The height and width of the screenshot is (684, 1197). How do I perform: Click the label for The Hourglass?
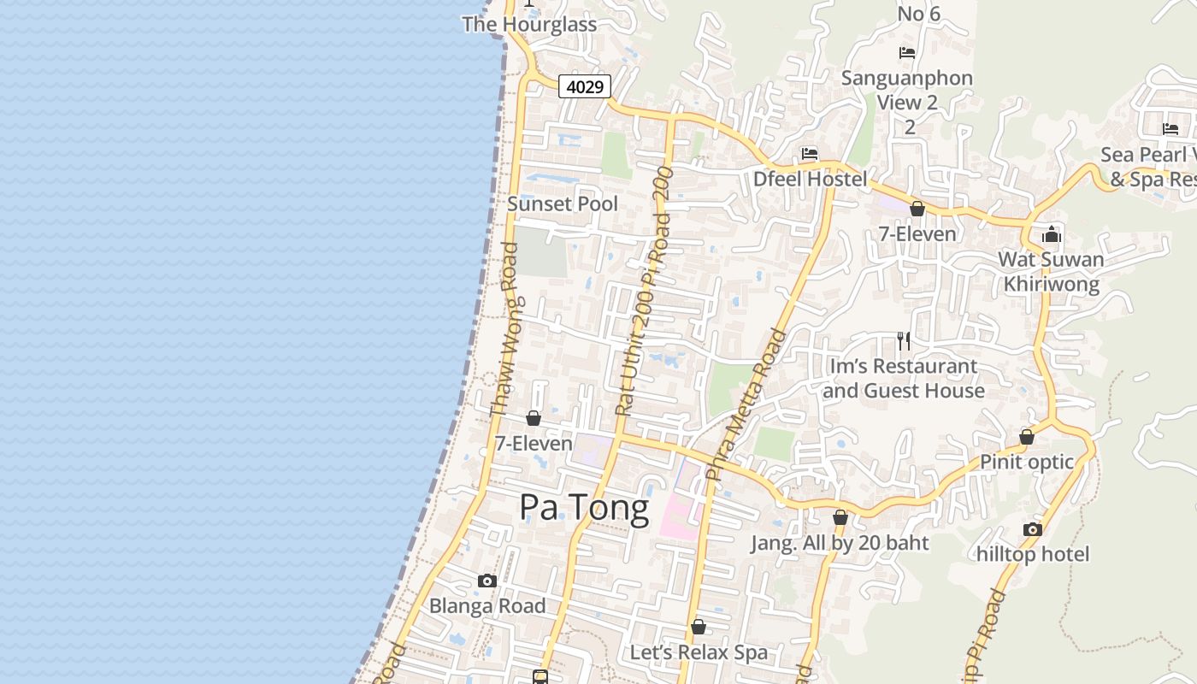529,24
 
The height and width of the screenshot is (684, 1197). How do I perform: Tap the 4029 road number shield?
585,86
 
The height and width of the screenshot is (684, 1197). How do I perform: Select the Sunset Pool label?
563,204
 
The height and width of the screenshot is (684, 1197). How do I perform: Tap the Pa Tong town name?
584,508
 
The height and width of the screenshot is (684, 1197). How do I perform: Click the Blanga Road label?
487,606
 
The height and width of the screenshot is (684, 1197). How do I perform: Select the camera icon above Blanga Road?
487,581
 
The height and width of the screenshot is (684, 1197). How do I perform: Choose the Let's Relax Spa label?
699,652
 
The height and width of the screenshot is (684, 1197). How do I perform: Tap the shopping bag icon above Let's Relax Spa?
699,628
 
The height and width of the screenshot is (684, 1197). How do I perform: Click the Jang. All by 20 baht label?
840,543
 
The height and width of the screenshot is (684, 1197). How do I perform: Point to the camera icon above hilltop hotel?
1033,529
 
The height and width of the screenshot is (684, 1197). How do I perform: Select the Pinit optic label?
1026,462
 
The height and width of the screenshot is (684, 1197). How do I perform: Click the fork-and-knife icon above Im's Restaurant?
904,341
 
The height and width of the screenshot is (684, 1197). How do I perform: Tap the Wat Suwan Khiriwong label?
1051,272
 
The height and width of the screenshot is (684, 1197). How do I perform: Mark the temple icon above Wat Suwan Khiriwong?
1052,234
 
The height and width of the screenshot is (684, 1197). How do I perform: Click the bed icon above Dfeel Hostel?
810,154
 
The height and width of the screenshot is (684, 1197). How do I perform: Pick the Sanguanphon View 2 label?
907,91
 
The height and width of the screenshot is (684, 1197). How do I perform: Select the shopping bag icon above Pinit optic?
1027,437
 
